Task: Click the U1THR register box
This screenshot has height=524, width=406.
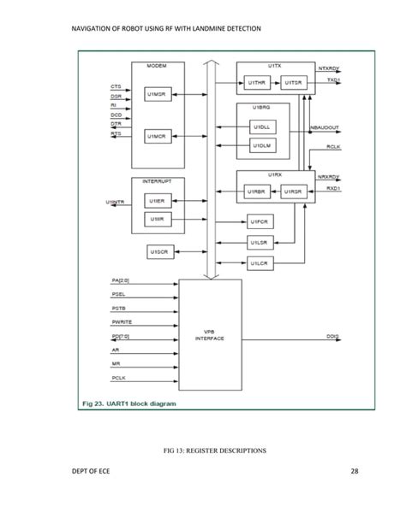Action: coord(256,82)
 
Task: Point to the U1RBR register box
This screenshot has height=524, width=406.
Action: coord(256,191)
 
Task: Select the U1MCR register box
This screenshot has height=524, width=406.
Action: coord(156,135)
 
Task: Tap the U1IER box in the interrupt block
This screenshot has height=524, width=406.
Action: coord(156,200)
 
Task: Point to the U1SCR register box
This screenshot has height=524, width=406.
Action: coord(158,252)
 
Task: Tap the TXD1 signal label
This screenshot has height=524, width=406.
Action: coord(332,80)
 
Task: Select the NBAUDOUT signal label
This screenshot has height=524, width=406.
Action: coord(326,127)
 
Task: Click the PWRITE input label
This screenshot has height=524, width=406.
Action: coord(121,321)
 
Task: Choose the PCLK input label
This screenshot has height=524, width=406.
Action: coord(118,377)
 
